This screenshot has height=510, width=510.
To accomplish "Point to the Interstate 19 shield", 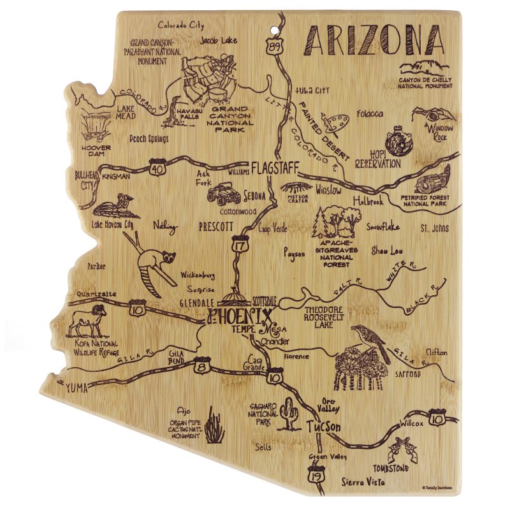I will [x=314, y=475].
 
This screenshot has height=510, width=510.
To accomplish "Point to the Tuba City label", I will [x=312, y=91].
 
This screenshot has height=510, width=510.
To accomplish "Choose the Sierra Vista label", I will [x=363, y=483].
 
